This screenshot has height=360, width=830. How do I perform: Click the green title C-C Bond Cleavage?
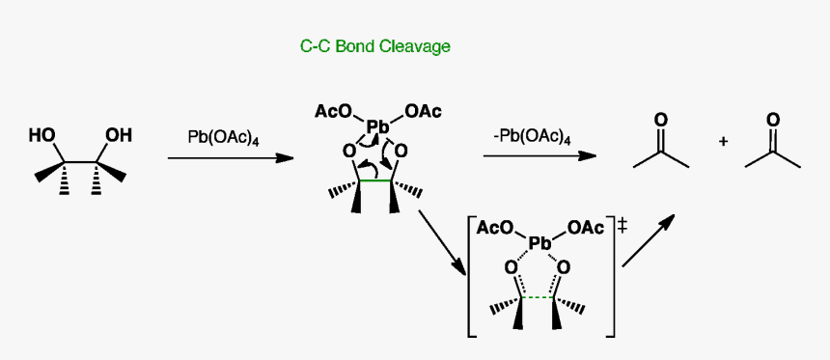375,45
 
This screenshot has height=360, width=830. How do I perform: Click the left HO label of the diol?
41,135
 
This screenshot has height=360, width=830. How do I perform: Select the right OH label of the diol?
119,135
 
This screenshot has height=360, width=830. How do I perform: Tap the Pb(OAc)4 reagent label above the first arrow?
223,137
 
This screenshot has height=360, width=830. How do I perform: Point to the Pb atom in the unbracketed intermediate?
377,126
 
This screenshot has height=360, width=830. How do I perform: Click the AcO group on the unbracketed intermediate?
333,112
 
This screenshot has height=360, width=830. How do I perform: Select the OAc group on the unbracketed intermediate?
423,112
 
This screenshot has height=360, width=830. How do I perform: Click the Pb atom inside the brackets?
539,244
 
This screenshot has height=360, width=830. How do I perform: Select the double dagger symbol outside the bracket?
622,225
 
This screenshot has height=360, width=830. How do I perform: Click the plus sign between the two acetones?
724,142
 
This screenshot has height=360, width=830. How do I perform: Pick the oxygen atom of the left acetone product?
660,121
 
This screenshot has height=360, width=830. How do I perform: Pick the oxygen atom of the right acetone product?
772,121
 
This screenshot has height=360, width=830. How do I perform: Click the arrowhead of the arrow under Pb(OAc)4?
286,156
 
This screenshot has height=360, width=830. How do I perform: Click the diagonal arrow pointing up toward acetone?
649,240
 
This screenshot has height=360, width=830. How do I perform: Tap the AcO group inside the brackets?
495,229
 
